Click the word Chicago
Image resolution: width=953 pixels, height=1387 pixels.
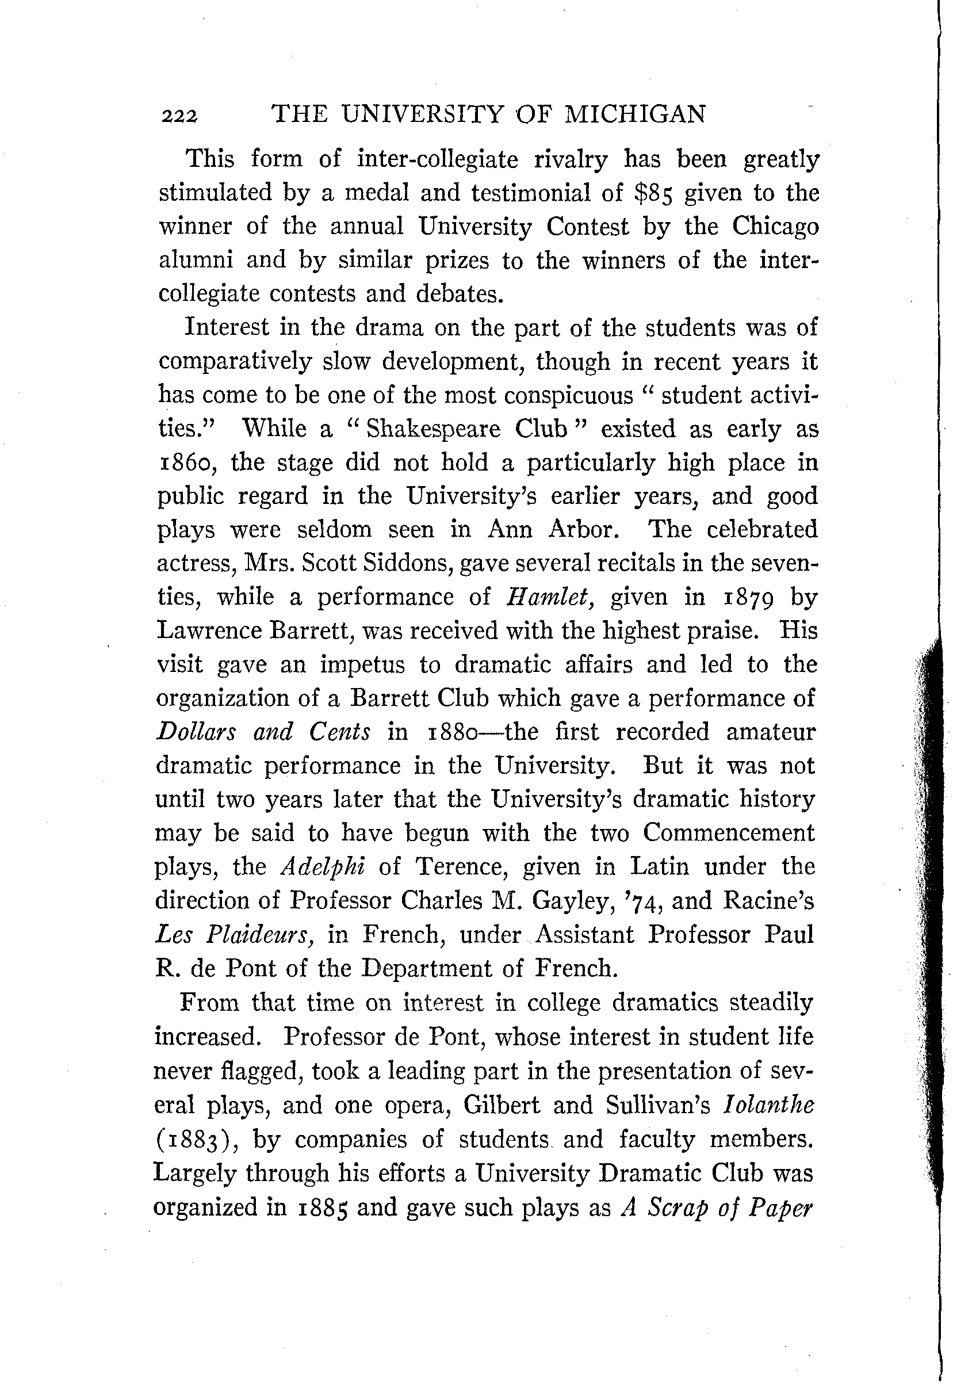point(775,228)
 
